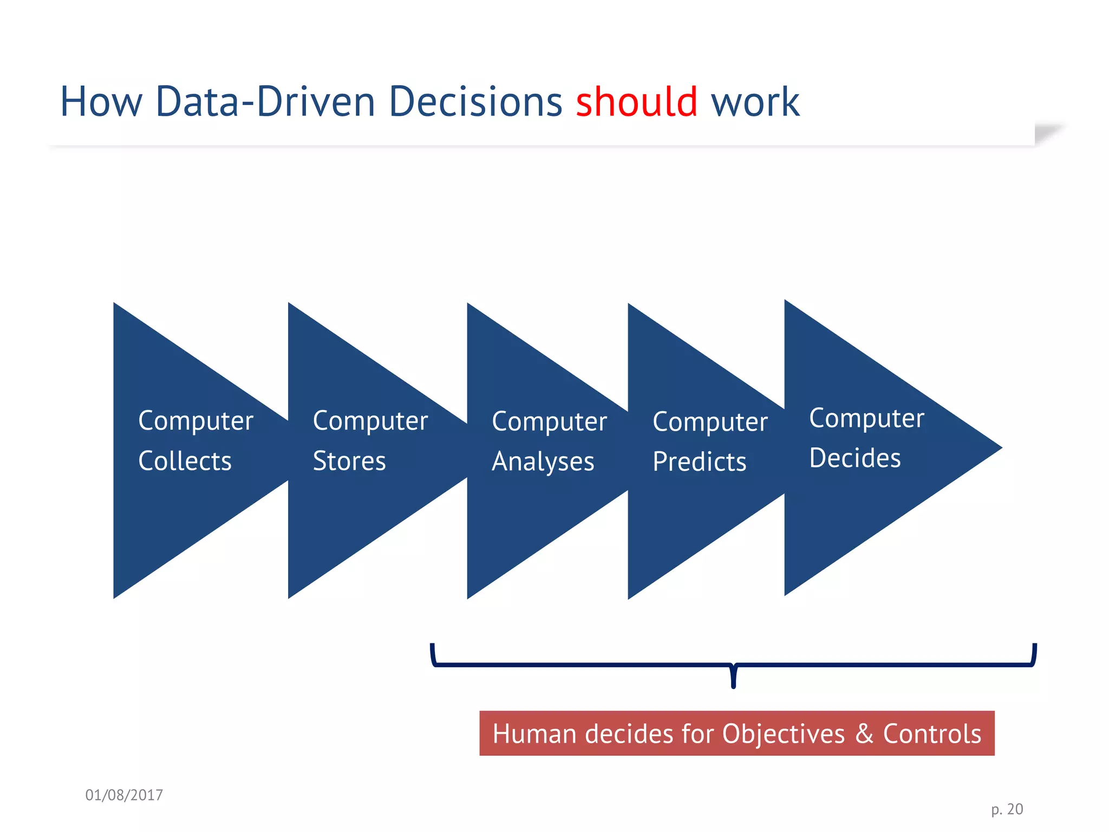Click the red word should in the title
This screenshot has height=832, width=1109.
(x=636, y=102)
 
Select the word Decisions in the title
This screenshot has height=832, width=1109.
(x=475, y=102)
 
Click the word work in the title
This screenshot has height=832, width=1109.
(x=755, y=103)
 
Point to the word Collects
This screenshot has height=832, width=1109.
(x=185, y=461)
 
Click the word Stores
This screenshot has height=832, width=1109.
(x=349, y=461)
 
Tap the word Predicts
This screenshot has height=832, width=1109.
(x=699, y=462)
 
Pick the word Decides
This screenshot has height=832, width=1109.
(x=854, y=458)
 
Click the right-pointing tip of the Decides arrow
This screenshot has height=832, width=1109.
(x=999, y=448)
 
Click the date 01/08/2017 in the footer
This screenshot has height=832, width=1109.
(x=124, y=795)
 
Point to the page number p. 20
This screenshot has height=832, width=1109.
(x=1007, y=809)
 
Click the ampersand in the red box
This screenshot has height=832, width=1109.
(x=864, y=734)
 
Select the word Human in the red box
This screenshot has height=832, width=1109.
(x=534, y=734)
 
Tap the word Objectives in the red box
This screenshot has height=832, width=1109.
(x=783, y=734)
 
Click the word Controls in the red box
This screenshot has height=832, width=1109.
(x=932, y=734)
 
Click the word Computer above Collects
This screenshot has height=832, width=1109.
(x=195, y=421)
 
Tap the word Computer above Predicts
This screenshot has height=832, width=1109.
(x=710, y=422)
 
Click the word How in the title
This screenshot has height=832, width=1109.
(x=101, y=102)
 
